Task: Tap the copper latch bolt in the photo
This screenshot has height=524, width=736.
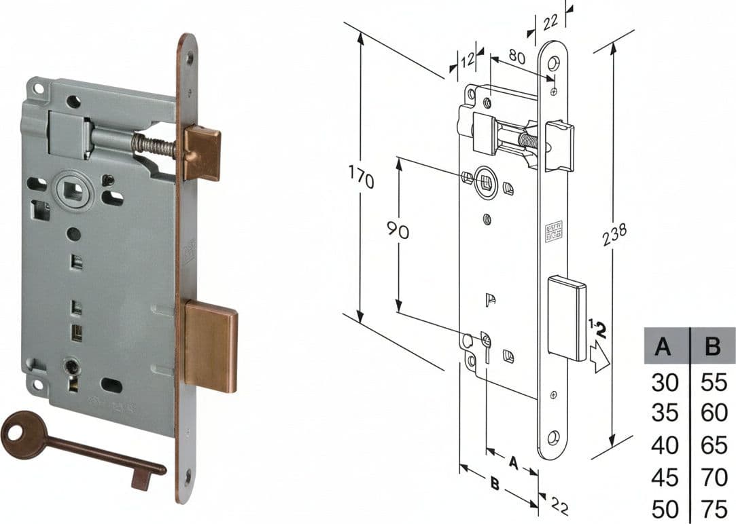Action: pyautogui.click(x=202, y=153)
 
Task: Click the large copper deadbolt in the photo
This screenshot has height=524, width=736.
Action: pyautogui.click(x=211, y=346)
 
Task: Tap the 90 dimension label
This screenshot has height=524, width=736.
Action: pyautogui.click(x=398, y=230)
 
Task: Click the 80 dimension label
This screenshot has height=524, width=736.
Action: pyautogui.click(x=516, y=56)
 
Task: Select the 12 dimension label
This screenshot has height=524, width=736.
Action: pyautogui.click(x=467, y=60)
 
